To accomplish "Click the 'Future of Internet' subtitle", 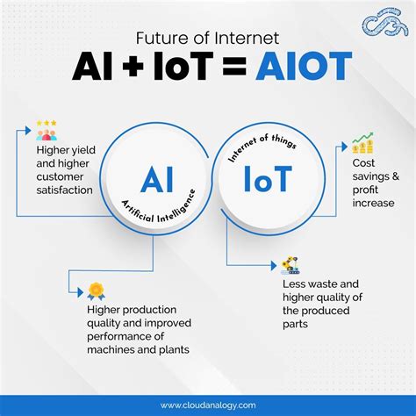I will (x=207, y=37).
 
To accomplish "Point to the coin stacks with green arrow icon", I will (x=362, y=143).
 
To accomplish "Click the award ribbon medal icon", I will (x=96, y=290).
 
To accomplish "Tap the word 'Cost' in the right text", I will (x=365, y=164).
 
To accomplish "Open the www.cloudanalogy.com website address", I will (x=207, y=405).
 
